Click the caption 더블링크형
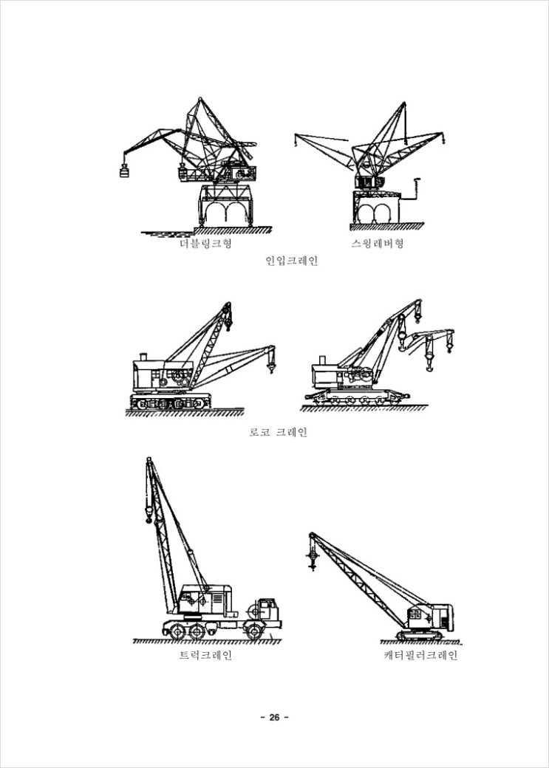tap(205, 244)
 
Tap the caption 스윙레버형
tap(378, 244)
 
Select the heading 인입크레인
tap(292, 260)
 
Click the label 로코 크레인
tap(279, 432)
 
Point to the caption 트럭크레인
tap(205, 655)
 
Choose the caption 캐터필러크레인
tap(420, 655)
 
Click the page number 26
tap(274, 718)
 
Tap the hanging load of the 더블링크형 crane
tap(125, 171)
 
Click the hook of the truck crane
tap(149, 515)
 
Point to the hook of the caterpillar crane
tap(312, 557)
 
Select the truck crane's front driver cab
tap(267, 609)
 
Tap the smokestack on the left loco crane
tap(143, 357)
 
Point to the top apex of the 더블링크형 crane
tap(200, 99)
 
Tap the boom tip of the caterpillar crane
tap(312, 535)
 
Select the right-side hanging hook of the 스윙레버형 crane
tap(443, 140)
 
